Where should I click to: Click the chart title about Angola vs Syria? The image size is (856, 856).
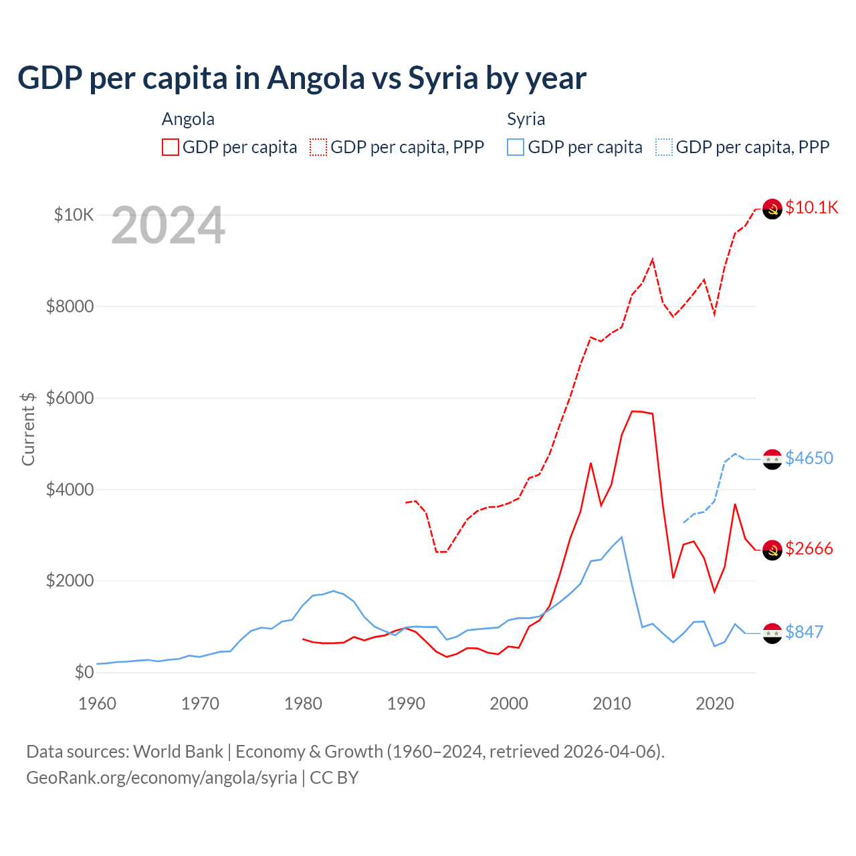302,78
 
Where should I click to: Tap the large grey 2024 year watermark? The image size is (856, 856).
168,225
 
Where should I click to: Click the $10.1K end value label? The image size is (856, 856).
811,207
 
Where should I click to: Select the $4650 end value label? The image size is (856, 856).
809,458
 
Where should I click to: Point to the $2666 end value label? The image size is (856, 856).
809,548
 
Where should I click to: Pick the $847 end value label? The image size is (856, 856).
804,632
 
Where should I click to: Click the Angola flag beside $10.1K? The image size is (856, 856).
772,209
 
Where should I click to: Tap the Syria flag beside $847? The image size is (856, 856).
772,633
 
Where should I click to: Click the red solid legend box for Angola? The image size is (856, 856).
171,147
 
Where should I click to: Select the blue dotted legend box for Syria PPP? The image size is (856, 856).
664,147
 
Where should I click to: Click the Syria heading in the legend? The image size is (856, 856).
526,119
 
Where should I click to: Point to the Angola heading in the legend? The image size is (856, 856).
188,119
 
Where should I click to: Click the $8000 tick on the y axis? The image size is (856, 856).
70,306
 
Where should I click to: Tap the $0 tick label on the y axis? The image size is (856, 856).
83,672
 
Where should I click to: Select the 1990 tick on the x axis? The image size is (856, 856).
406,704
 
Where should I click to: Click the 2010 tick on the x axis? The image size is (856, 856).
612,704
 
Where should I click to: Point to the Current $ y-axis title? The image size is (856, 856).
28,429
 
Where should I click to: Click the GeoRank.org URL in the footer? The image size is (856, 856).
161,778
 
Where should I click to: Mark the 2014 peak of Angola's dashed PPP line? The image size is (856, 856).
653,259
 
